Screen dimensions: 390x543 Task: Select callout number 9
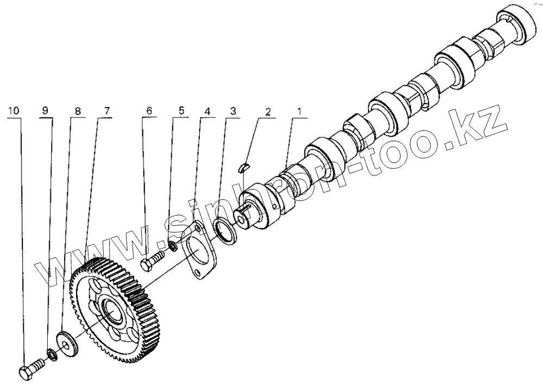point(45,111)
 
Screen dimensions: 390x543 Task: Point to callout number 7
point(106,111)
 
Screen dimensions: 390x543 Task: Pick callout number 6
point(148,111)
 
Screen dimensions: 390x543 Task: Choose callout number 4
point(207,111)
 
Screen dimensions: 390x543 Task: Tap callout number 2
point(268,111)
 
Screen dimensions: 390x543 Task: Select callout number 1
point(298,111)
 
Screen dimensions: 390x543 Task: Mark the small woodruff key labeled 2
point(244,167)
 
